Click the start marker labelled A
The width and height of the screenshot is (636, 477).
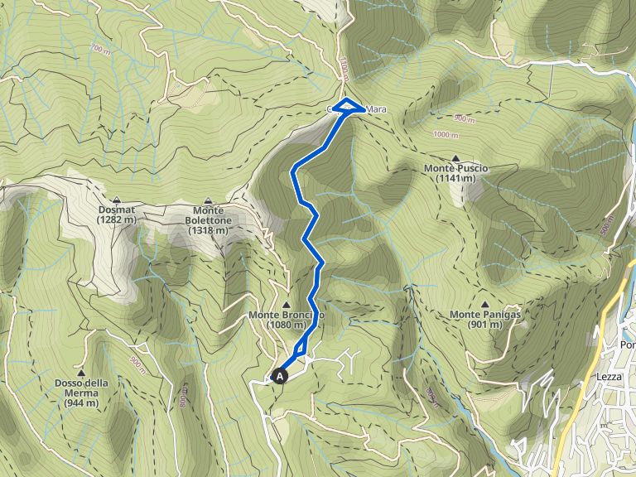[x=280, y=376]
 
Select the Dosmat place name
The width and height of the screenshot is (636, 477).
[x=117, y=210]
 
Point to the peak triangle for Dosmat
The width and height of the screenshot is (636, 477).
[x=117, y=200]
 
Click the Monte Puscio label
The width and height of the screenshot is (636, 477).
[x=455, y=168]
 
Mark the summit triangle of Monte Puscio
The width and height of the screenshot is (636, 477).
[x=455, y=157]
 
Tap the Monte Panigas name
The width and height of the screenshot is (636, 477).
[x=484, y=315]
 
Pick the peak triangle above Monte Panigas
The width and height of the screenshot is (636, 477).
[x=484, y=304]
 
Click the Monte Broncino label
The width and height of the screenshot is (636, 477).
[x=287, y=316]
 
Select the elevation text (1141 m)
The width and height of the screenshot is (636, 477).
[x=455, y=178]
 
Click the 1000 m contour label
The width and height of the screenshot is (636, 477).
[x=446, y=134]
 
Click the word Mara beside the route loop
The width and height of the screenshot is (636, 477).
[x=376, y=108]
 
